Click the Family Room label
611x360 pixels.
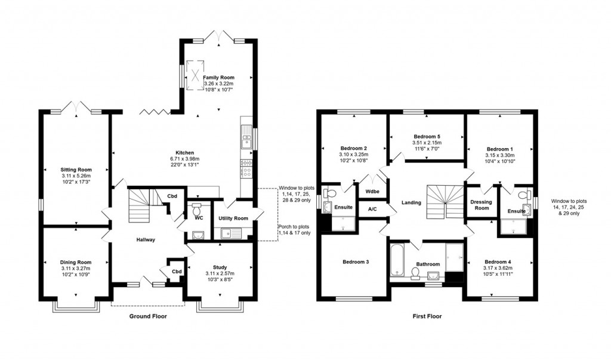point(218,78)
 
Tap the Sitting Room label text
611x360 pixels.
point(76,170)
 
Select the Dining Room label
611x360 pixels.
point(76,262)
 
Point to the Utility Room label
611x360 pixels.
point(233,219)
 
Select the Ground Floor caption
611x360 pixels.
point(148,316)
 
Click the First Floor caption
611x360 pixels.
point(427,316)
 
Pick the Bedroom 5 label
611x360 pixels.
point(427,136)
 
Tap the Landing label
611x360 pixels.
point(411,202)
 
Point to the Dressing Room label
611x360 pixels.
point(481,205)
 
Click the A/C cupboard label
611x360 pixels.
point(372,210)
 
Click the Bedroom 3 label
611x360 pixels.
point(355,262)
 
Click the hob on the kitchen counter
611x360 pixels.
point(246,170)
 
